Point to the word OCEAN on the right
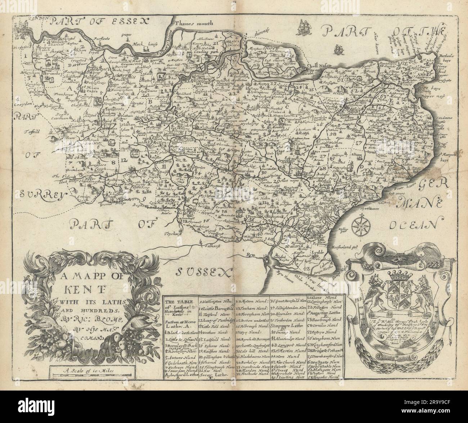point(414,225)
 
